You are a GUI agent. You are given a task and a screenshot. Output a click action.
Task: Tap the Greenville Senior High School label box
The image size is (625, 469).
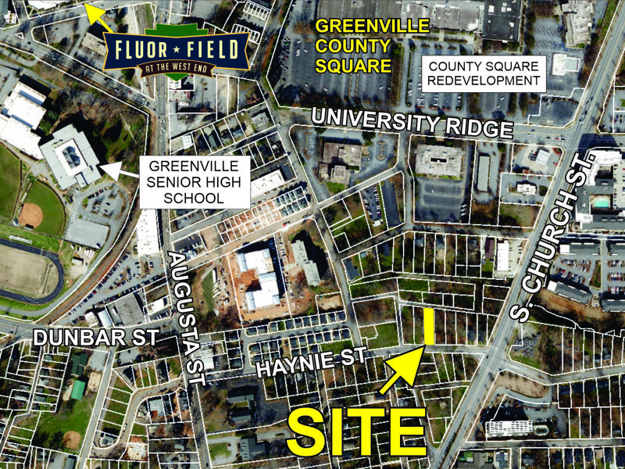194,182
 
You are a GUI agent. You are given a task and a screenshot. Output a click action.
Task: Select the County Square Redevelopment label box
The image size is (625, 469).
484,73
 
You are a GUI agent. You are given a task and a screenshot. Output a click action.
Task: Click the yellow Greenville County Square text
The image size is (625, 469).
373,45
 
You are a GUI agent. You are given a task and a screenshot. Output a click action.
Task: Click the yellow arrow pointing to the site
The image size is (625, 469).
402,371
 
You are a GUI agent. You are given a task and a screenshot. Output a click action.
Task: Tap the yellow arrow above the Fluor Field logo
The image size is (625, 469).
99,13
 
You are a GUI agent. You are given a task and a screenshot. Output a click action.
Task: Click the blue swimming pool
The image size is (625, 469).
600,202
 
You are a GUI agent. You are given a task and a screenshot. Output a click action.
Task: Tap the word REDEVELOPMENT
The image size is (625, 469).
484,81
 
